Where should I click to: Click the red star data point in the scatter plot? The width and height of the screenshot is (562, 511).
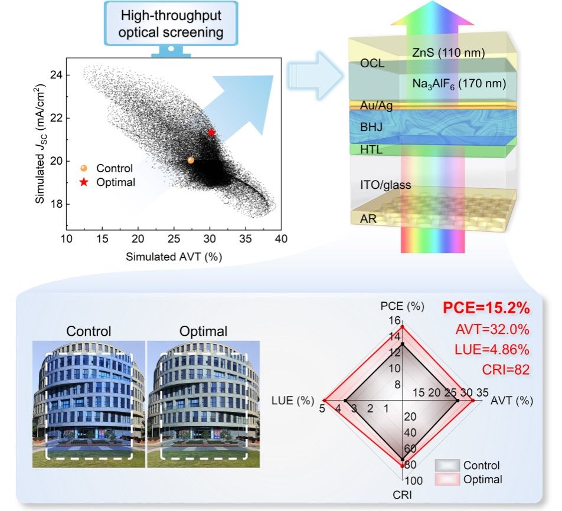point(211,132)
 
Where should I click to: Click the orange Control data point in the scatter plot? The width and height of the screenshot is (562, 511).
point(191,160)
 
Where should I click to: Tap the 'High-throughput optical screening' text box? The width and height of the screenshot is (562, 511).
point(171,24)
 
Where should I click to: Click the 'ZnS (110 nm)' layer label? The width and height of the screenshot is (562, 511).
point(447,54)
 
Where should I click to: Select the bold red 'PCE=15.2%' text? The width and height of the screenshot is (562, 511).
point(486,309)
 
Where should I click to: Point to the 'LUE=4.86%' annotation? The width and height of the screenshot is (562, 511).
point(492,349)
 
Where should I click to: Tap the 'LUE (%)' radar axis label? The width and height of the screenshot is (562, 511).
point(292,401)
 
